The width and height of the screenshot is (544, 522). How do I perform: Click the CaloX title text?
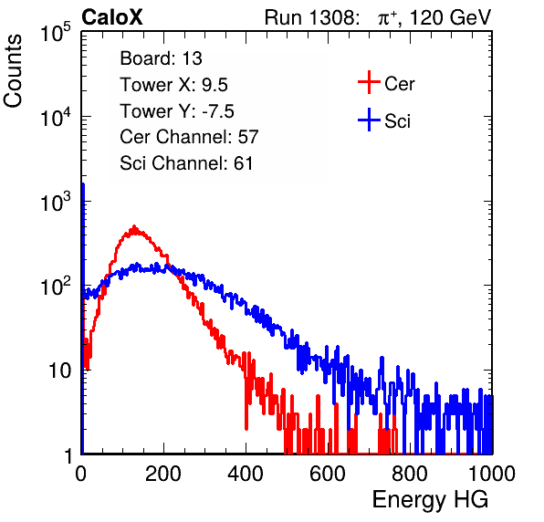click(111, 17)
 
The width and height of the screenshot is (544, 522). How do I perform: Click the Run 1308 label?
click(311, 17)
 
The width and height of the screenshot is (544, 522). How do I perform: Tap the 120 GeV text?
click(451, 17)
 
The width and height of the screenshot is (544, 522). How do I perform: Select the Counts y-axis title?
click(13, 71)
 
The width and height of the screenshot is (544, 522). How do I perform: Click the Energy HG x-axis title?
click(430, 499)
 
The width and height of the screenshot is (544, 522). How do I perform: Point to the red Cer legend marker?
click(369, 82)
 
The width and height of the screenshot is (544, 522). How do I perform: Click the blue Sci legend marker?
click(369, 120)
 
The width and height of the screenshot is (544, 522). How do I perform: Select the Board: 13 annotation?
click(161, 58)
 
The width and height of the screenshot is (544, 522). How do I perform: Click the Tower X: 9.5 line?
click(173, 85)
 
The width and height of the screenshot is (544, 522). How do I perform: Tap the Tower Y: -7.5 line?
click(177, 111)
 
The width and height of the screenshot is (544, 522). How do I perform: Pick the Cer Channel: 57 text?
click(190, 137)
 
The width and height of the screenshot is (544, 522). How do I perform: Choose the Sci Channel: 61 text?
click(186, 163)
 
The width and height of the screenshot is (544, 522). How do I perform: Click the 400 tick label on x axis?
click(246, 474)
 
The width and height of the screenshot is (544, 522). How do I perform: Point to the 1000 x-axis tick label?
click(492, 474)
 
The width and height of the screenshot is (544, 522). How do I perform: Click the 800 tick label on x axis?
click(410, 474)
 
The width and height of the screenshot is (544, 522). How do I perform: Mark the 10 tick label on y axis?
click(59, 371)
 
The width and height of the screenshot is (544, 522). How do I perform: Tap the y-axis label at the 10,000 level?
click(57, 117)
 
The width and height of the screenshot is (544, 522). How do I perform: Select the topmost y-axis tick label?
click(57, 32)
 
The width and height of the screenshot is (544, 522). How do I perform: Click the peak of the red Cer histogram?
click(134, 226)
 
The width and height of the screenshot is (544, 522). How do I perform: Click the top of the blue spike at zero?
click(83, 184)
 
